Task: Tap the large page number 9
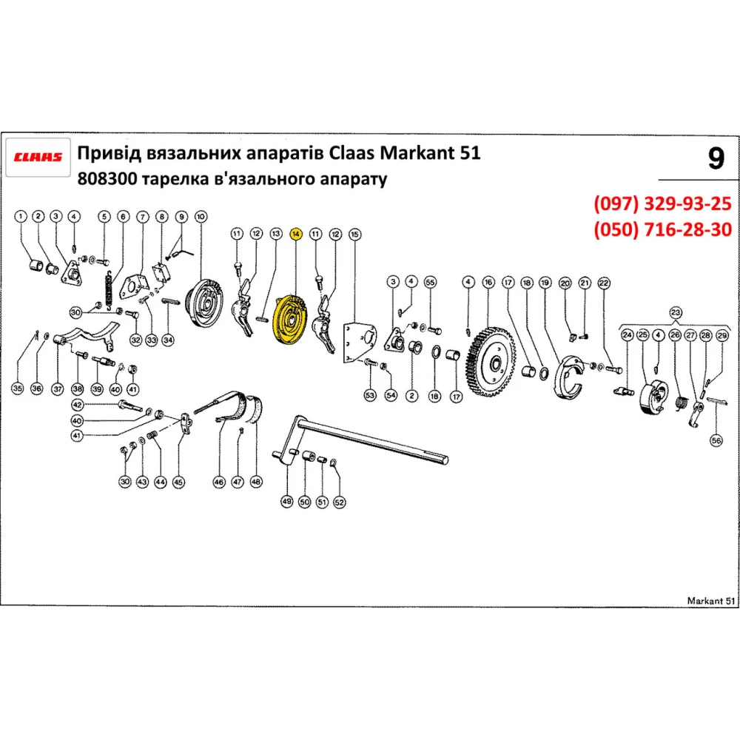point(715,159)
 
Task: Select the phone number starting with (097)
point(662,204)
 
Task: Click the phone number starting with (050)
point(662,230)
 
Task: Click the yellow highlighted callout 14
point(295,234)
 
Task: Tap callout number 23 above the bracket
point(675,312)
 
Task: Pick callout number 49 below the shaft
point(287,501)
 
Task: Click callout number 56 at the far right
point(716,440)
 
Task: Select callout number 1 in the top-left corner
point(21,216)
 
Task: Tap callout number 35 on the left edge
point(18,388)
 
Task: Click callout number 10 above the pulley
point(200,216)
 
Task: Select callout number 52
point(339,501)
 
